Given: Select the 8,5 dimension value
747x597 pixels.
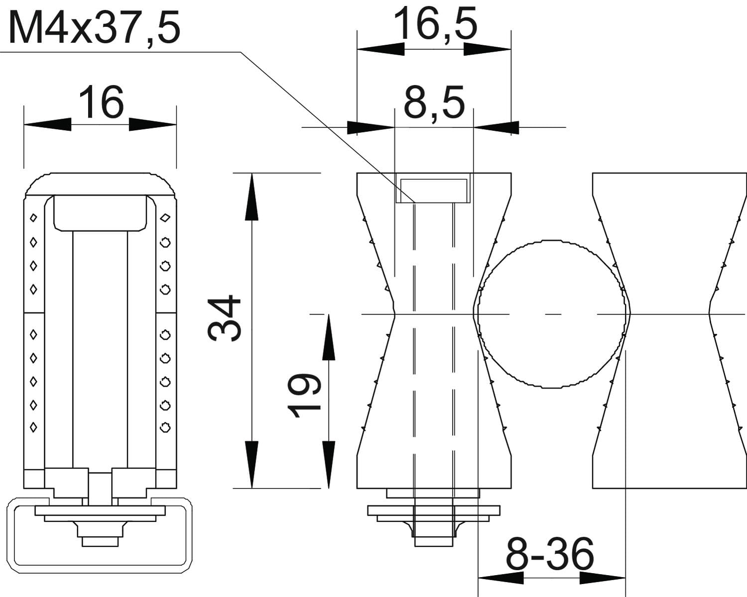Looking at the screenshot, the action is (x=434, y=102).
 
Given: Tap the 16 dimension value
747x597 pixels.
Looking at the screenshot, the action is (x=101, y=102).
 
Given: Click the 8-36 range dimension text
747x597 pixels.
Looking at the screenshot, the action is (x=550, y=554).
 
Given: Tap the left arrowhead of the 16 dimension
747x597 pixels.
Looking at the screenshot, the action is (x=47, y=124).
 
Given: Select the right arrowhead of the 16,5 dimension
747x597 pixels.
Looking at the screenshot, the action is (x=488, y=49).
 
